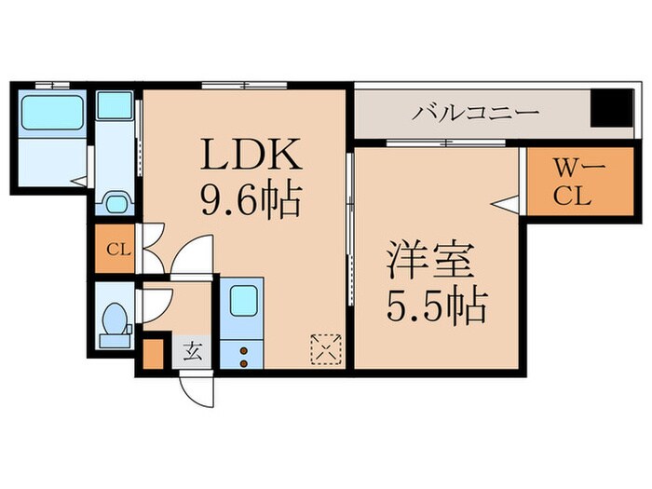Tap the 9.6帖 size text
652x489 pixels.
(x=247, y=197)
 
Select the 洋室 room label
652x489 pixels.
(x=431, y=261)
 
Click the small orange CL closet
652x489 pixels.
(x=115, y=249)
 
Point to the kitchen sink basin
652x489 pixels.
(x=242, y=300)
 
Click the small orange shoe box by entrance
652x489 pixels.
(x=152, y=354)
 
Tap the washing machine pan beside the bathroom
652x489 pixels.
(x=115, y=104)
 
